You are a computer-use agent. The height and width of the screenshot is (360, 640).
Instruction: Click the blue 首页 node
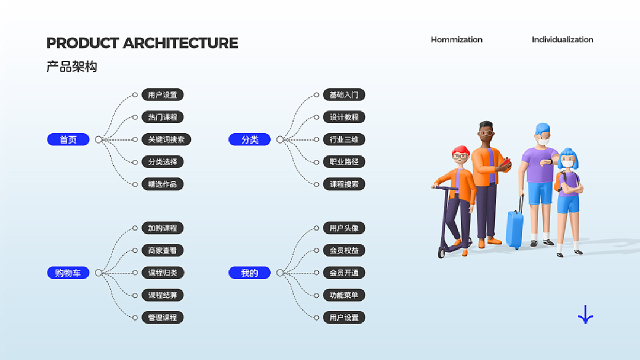[x=68, y=139]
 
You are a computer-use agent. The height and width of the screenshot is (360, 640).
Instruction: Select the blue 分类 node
[x=249, y=139]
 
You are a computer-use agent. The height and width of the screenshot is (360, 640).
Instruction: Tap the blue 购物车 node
[x=68, y=273]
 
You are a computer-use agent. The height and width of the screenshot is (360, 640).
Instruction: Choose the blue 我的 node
[x=249, y=273]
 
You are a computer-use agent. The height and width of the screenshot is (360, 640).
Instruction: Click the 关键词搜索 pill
[x=166, y=139]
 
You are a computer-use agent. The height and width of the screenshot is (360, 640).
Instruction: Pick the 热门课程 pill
[x=162, y=117]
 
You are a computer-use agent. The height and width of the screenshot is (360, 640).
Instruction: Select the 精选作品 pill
[x=162, y=184]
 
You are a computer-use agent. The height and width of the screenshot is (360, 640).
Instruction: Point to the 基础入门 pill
[x=344, y=95]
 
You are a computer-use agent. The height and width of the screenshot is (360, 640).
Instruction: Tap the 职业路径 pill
[x=344, y=161]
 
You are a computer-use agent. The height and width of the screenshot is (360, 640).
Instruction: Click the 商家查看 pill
[x=162, y=250]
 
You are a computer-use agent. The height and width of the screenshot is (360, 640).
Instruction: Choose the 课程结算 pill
[x=162, y=295]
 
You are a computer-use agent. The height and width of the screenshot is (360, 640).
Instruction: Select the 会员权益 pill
[x=344, y=250]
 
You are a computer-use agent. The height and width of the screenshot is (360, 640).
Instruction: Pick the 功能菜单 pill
[x=344, y=295]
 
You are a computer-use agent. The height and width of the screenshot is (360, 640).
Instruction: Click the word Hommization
[x=456, y=39]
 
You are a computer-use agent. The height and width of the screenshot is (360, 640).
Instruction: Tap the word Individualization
[x=562, y=39]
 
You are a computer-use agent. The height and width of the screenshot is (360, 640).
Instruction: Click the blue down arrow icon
[x=585, y=314]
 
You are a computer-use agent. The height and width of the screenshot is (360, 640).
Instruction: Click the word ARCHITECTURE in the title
[x=180, y=43]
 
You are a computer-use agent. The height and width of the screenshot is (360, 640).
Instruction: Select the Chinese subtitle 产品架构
[x=71, y=67]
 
